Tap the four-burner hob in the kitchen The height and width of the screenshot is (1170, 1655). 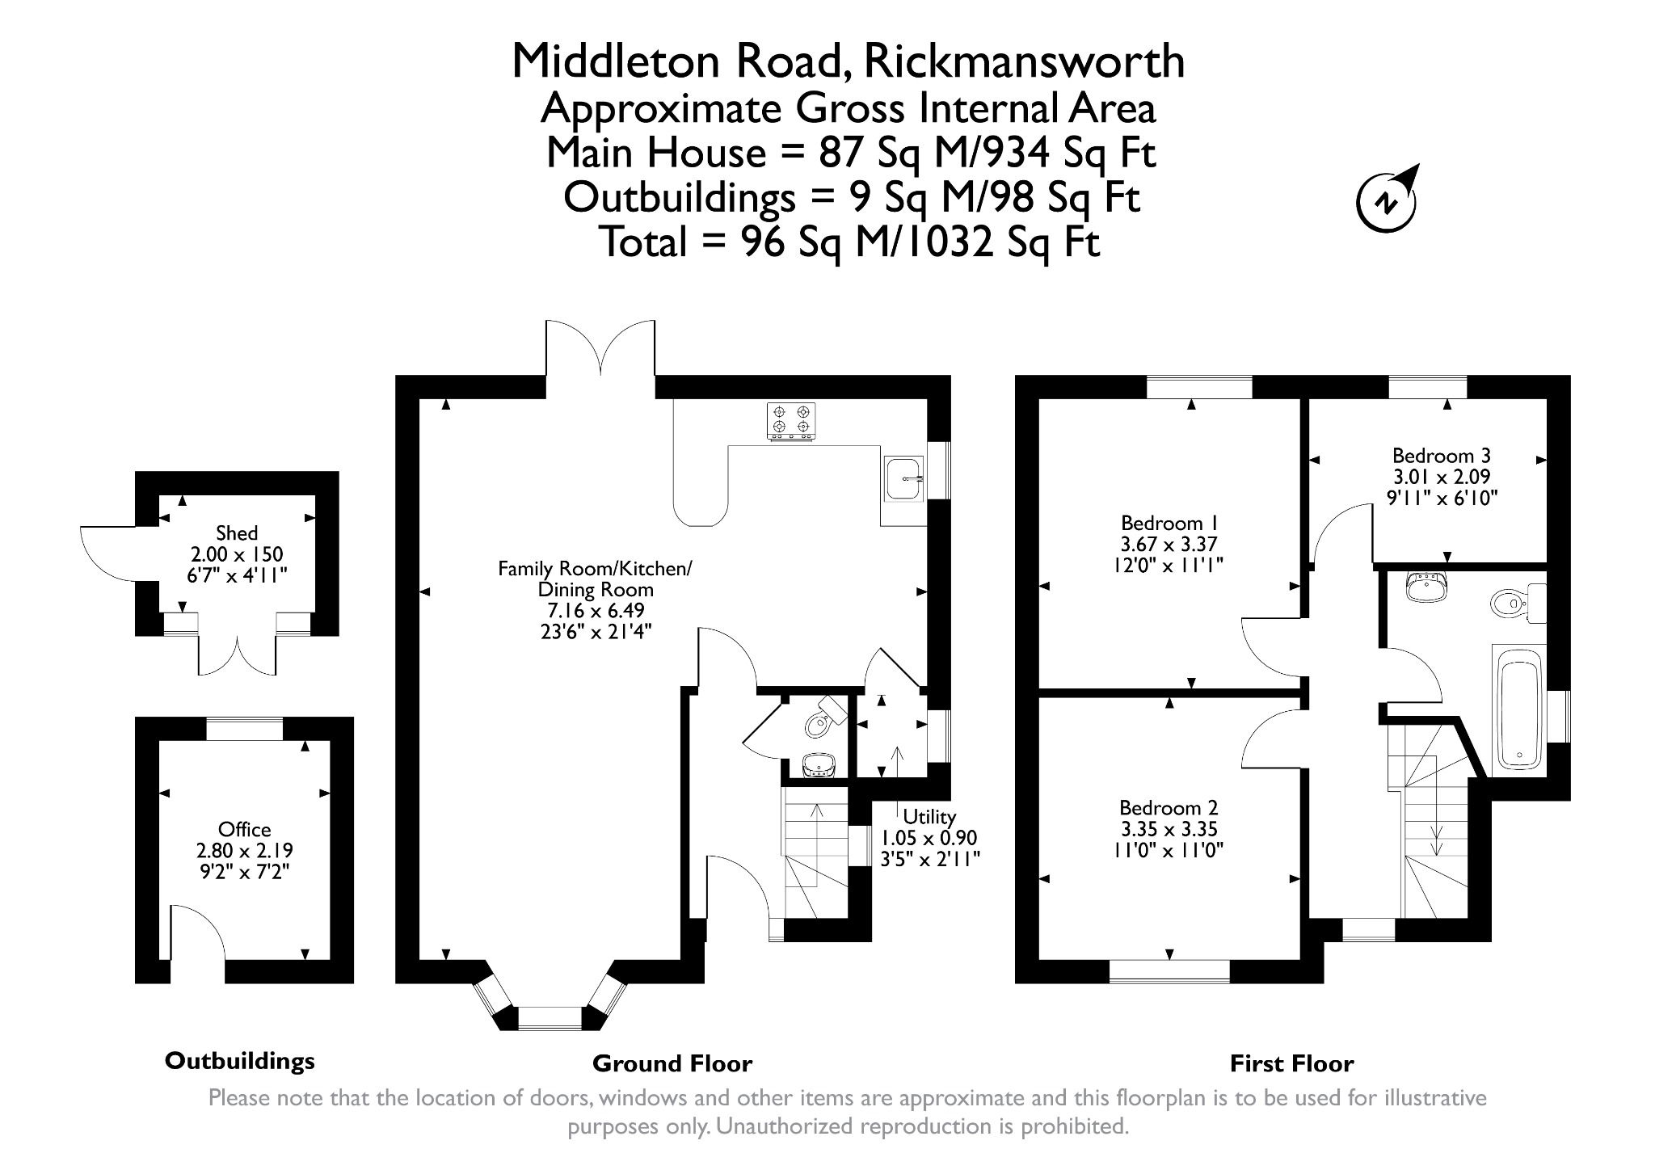[x=791, y=422]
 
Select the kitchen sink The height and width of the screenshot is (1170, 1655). [x=904, y=478]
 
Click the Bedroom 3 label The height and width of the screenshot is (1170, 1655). [x=1442, y=455]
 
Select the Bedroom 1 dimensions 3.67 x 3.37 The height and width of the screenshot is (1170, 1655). [x=1169, y=545]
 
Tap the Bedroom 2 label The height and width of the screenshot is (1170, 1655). [x=1169, y=808]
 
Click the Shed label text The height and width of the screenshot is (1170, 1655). [x=237, y=533]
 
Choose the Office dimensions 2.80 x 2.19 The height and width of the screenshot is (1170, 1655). [x=245, y=851]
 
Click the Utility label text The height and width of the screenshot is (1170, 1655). [x=929, y=817]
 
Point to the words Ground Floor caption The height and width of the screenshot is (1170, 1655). [x=672, y=1064]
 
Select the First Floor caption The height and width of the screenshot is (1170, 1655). [x=1291, y=1064]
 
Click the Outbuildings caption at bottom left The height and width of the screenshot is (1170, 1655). [x=240, y=1061]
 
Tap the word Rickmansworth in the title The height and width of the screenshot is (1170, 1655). [x=1025, y=61]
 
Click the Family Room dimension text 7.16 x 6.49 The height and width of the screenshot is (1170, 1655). [x=596, y=611]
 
